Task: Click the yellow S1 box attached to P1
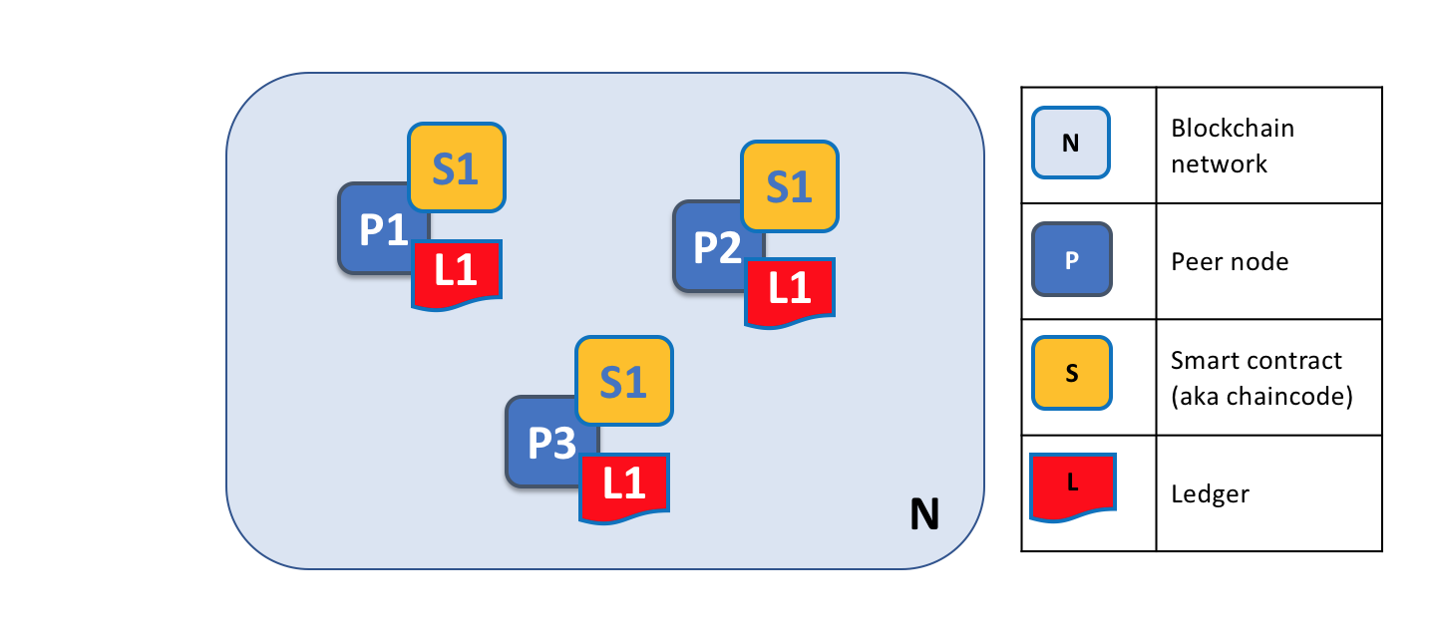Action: coord(457,168)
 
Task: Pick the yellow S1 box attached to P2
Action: coord(790,186)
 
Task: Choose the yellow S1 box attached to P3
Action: coord(624,381)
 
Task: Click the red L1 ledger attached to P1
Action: coord(457,271)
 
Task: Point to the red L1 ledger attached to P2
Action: coord(790,289)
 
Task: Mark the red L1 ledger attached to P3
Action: coord(624,484)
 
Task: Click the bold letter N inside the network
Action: coord(924,514)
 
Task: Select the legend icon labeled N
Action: coord(1071,143)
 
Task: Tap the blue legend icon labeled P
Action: coord(1071,259)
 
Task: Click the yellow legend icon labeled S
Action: coord(1071,373)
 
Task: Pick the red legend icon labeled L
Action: coord(1072,484)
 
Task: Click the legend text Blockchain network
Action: coord(1233,146)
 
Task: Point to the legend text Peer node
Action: coord(1230,261)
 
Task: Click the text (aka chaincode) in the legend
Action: coord(1260,396)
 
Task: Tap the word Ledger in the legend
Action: coord(1210,493)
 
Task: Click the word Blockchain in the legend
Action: coord(1233,129)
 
